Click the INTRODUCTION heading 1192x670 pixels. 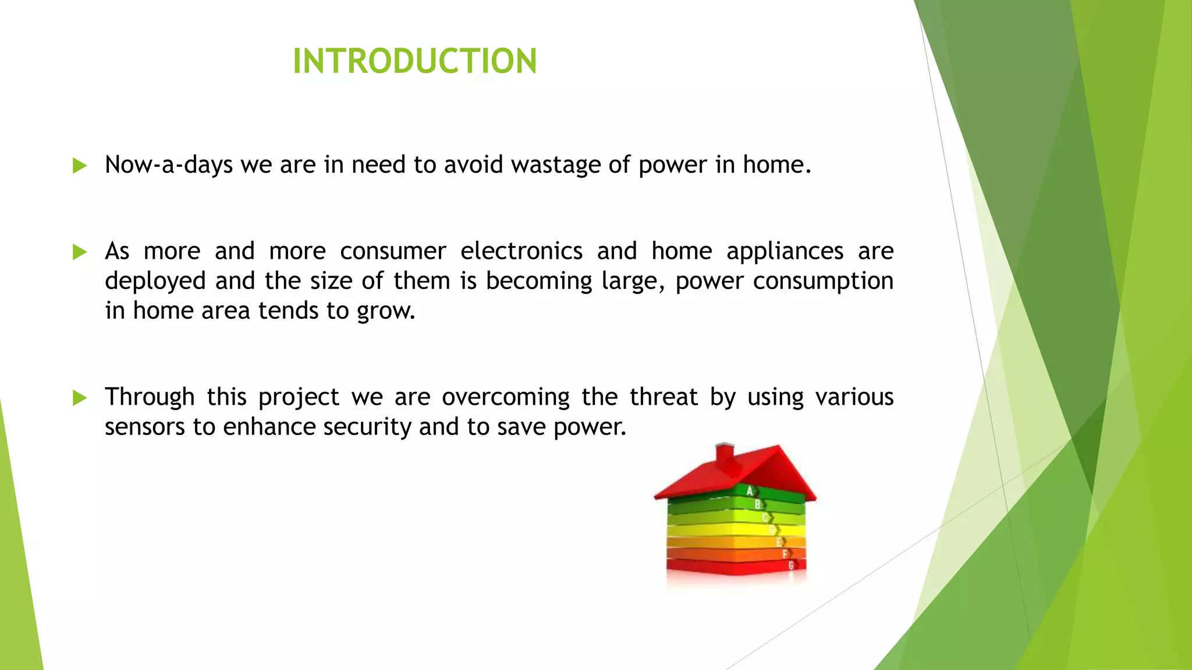414,61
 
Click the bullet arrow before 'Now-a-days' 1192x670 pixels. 80,166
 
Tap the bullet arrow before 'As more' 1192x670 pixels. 80,252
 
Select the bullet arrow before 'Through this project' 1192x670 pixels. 80,398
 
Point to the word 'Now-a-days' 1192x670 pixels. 169,165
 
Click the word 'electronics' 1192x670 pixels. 521,251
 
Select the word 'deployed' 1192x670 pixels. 155,281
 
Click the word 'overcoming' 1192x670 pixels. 506,398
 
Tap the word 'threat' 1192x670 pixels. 664,397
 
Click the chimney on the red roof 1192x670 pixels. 724,457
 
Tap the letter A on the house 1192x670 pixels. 750,491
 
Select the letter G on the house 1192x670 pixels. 791,565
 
